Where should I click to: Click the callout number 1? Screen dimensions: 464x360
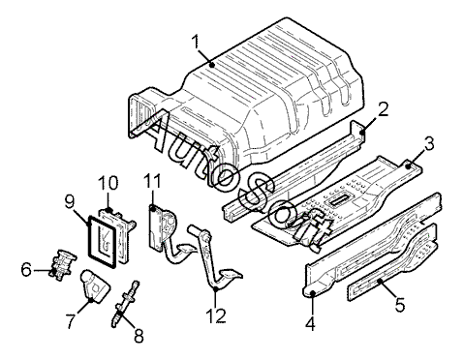pos(196,43)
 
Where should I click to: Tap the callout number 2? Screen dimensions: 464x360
pos(383,109)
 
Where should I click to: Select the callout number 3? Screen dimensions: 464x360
pos(429,143)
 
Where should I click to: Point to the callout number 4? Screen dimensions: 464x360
pos(310,323)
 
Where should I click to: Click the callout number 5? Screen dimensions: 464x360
pos(400,305)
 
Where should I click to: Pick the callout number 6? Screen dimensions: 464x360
pos(27,270)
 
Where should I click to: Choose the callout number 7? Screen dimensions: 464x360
pos(71,320)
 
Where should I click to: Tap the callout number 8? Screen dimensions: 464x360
pos(139,336)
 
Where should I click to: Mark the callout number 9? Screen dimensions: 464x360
pos(70,201)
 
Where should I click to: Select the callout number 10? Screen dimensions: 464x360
pos(108,183)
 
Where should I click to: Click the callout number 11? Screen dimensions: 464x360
pos(152,181)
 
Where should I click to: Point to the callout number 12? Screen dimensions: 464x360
pos(216,315)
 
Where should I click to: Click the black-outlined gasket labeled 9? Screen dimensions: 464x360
pos(89,239)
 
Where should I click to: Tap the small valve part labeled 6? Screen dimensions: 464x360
pos(63,264)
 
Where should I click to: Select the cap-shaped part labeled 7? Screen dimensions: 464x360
pos(94,286)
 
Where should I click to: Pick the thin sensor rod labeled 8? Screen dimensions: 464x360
pos(126,304)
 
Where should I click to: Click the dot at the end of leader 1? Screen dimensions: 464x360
pos(212,65)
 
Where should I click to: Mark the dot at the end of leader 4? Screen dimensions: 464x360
pos(313,293)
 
